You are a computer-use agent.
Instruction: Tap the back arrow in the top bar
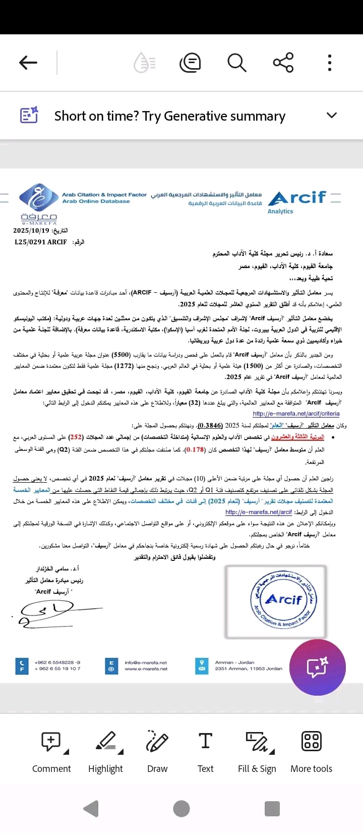28,63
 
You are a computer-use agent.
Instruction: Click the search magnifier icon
236,63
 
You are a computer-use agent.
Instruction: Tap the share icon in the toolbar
283,63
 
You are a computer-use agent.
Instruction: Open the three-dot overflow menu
329,63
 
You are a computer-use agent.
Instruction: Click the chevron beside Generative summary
331,115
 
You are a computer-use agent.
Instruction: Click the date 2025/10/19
31,231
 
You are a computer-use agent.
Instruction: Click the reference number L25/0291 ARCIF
41,242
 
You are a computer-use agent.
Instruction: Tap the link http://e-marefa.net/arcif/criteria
296,413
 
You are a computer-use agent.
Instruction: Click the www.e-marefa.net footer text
146,669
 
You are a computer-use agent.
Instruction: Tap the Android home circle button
181,808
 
